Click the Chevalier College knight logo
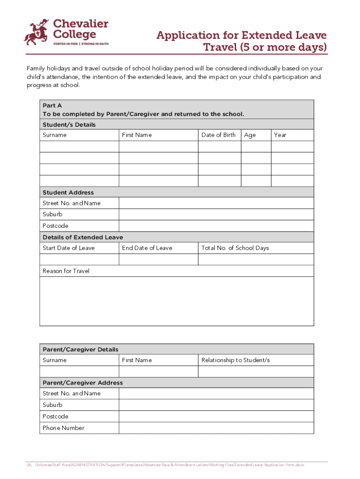tap(36, 32)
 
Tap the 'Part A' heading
tap(52, 106)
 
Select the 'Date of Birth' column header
tap(218, 135)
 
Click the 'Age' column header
tap(250, 135)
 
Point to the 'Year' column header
tap(280, 135)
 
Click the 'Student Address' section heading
tap(68, 192)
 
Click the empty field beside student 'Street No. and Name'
tap(216, 203)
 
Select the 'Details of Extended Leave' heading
tap(83, 237)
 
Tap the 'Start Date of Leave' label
tap(68, 248)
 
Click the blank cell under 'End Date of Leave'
tap(158, 259)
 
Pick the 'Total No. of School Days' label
tap(235, 248)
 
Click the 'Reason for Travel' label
tap(66, 271)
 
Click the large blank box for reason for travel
tap(177, 301)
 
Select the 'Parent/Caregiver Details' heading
tap(80, 349)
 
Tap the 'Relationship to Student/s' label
tap(235, 360)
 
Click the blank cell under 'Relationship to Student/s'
tap(256, 371)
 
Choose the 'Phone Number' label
tap(63, 428)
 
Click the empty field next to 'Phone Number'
tap(216, 428)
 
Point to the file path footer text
tap(166, 465)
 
